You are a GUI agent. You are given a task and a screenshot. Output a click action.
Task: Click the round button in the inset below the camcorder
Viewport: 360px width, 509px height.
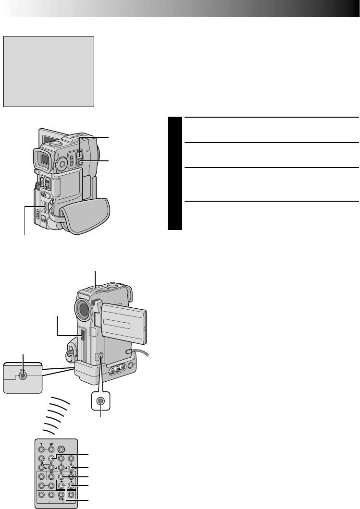pos(100,401)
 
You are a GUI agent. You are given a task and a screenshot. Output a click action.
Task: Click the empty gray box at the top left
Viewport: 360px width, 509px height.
pos(49,71)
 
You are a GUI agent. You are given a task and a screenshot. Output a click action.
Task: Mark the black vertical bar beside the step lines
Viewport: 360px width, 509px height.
pos(176,173)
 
